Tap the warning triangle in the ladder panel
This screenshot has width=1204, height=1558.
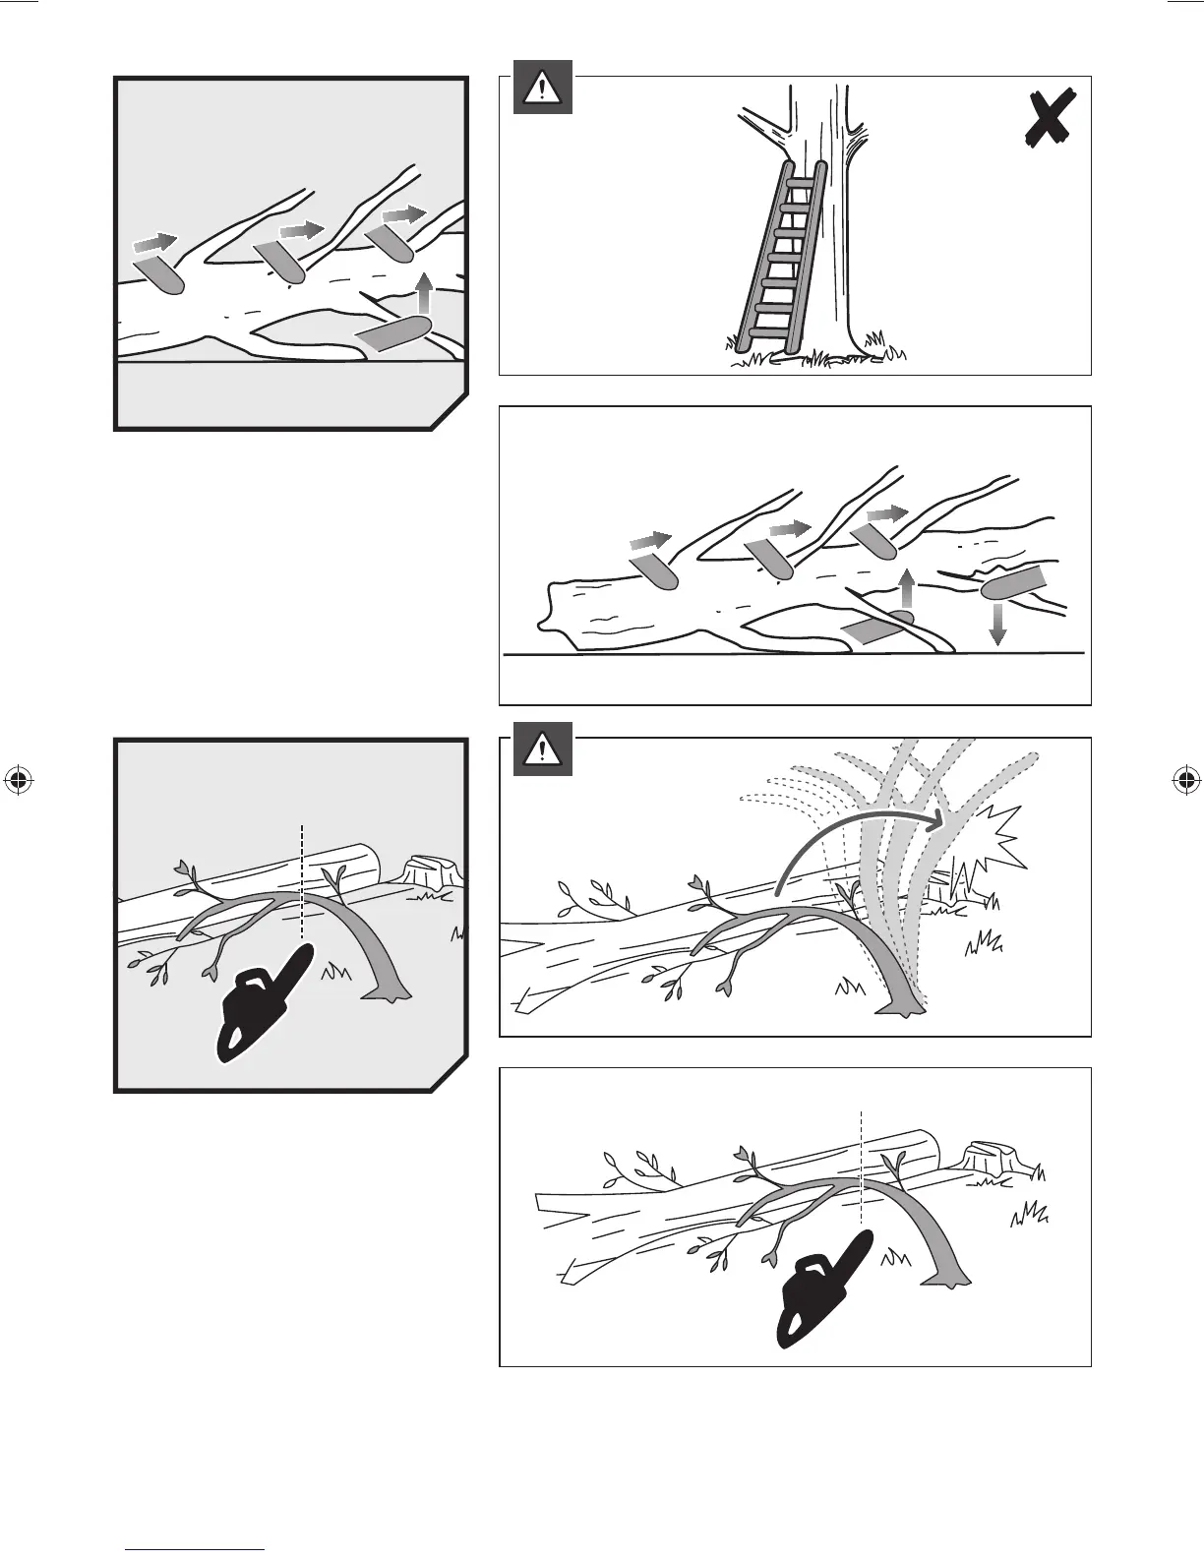542,89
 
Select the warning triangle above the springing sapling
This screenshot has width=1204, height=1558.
542,750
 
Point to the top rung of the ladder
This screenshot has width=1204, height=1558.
805,182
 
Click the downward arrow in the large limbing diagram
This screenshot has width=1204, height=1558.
997,624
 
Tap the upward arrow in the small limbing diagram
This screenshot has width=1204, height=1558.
423,293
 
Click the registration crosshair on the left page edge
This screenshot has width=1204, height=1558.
19,781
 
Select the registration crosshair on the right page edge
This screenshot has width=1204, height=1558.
1185,781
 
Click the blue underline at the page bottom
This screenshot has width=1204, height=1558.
197,1550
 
